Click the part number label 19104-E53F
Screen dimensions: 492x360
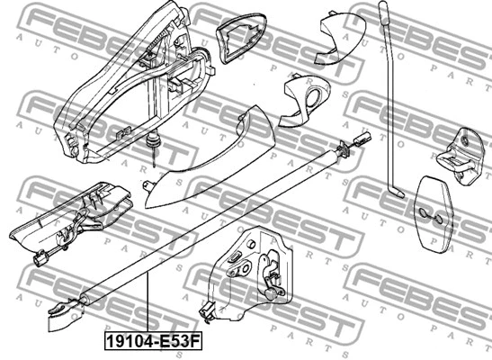coord(154,341)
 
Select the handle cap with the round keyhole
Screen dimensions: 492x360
coord(304,101)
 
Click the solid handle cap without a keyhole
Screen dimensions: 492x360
coord(341,37)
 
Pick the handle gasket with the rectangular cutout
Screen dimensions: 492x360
coord(242,38)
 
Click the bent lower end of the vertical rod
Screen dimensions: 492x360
coord(397,192)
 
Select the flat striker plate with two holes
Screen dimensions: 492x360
coord(433,214)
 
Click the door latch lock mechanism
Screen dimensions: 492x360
coord(251,274)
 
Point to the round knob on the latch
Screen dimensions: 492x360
coord(270,293)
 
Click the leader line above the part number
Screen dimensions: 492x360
coord(147,302)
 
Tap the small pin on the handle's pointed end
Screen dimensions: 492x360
coord(147,184)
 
